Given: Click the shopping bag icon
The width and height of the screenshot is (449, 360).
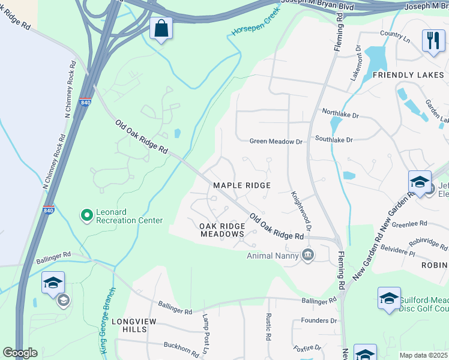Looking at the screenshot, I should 161,28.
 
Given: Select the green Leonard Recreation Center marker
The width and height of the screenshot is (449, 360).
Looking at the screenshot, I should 87,214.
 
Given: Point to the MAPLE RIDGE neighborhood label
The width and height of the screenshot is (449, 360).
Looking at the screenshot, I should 242,186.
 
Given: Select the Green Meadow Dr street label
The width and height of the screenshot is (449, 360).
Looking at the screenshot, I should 276,142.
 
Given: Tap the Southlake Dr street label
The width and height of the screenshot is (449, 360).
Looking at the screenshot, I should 334,140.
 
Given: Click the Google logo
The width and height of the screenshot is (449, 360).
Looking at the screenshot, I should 20,353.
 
